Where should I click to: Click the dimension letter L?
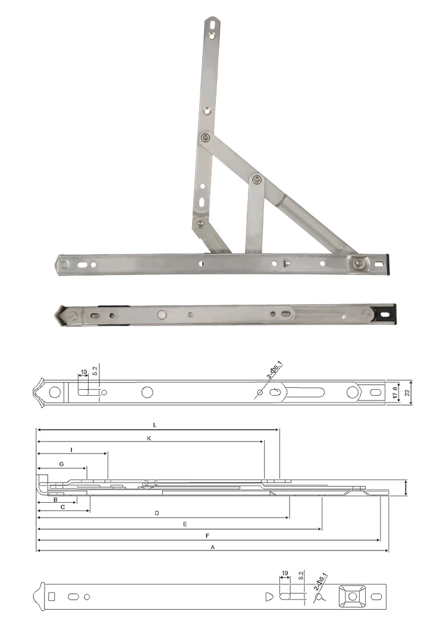[155, 425]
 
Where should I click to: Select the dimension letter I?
[71, 450]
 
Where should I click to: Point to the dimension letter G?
[61, 463]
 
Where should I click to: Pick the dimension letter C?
[62, 508]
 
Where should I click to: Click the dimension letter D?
[156, 512]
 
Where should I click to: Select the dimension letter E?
[185, 524]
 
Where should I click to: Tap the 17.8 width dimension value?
[395, 392]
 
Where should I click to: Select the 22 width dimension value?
[408, 392]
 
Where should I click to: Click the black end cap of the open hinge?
[387, 262]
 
